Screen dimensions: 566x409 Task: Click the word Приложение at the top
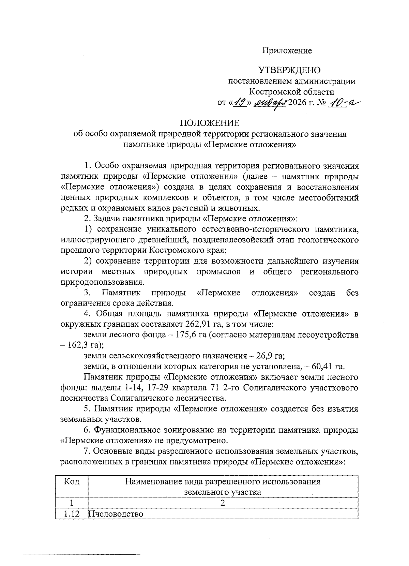coord(287,51)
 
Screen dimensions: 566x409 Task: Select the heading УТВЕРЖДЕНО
coord(289,71)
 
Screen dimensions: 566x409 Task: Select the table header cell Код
coord(71,481)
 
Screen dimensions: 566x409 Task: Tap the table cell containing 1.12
coord(71,514)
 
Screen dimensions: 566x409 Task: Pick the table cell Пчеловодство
coord(116,514)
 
